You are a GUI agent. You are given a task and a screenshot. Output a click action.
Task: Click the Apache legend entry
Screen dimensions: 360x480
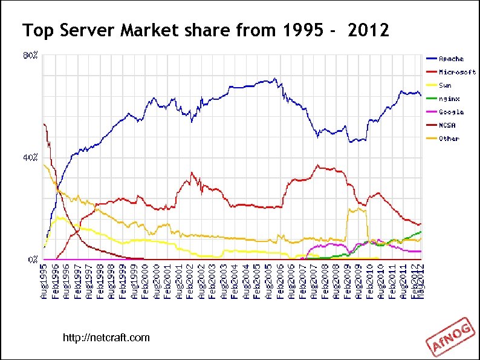pos(451,59)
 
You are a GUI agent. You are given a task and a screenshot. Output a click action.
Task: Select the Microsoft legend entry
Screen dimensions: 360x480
pos(457,72)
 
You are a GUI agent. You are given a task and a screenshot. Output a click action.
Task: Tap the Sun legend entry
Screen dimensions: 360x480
pos(445,85)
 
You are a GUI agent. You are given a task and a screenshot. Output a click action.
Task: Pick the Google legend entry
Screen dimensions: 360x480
pos(451,112)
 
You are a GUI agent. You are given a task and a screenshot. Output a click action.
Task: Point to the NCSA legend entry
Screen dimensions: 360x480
pos(447,125)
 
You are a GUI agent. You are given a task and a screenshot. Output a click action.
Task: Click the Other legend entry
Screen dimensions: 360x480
pos(449,139)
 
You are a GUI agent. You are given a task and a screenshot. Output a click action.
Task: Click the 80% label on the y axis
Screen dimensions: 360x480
pos(31,56)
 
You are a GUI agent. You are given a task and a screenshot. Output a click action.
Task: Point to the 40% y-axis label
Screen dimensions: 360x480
pos(31,157)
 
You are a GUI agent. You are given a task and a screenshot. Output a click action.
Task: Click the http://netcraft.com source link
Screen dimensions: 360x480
pos(106,337)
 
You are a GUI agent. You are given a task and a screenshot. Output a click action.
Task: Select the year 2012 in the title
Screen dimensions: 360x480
pos(369,30)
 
